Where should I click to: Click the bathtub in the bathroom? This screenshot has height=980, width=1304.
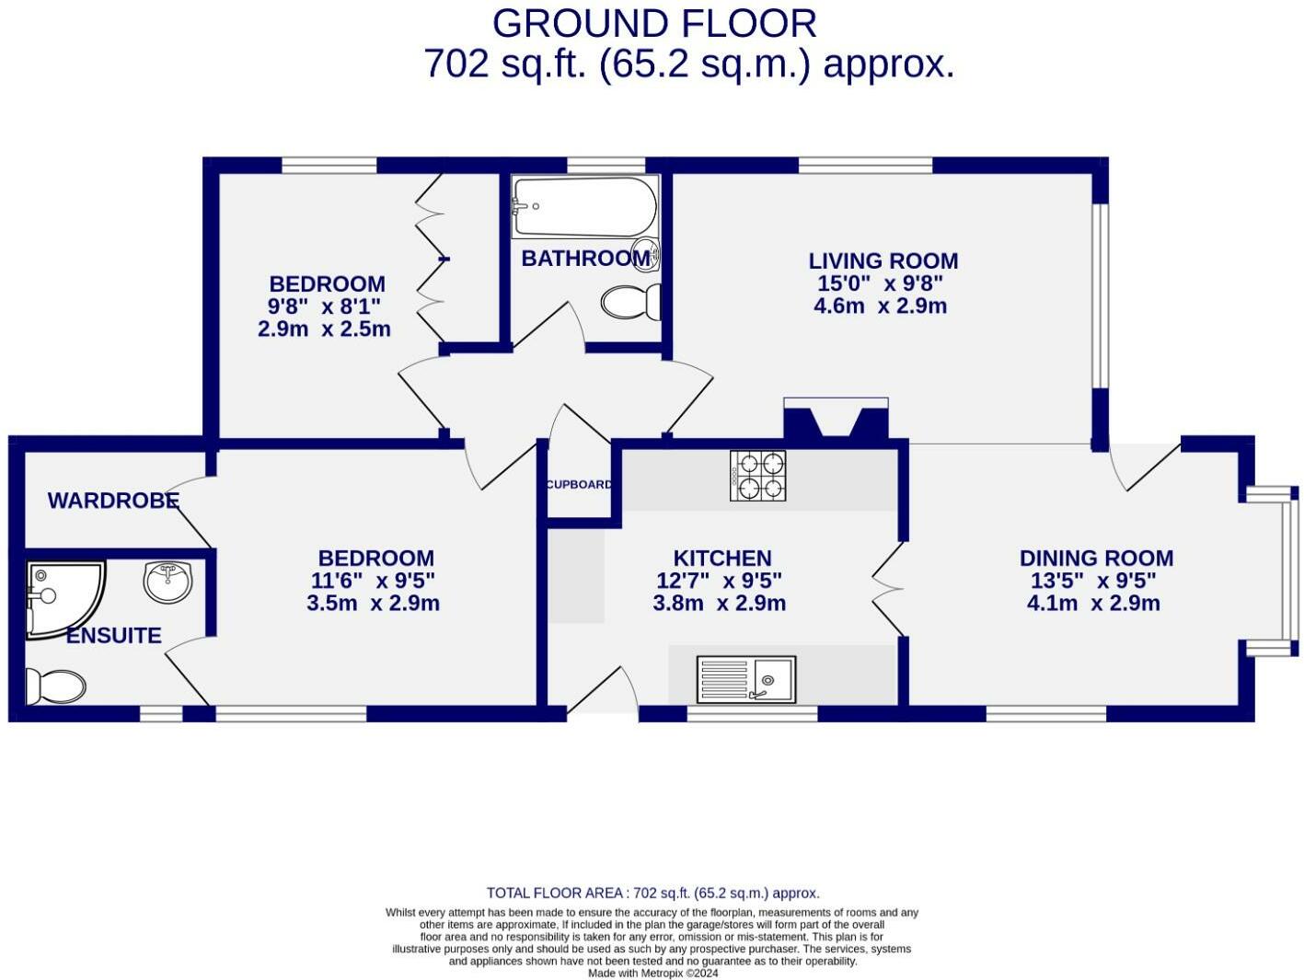(x=585, y=206)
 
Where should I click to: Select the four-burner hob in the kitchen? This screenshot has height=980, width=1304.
(x=757, y=476)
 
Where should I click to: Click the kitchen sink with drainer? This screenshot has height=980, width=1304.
(x=746, y=679)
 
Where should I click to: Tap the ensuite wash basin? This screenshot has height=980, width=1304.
(x=168, y=582)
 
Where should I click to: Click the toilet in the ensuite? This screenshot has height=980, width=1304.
(x=53, y=686)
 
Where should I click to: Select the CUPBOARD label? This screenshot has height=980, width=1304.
(x=579, y=485)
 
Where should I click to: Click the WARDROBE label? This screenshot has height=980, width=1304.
(x=113, y=501)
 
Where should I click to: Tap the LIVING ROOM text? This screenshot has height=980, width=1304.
(x=883, y=261)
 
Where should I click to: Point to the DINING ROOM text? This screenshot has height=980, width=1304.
(x=1096, y=559)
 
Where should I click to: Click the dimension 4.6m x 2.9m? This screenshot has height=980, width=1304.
(x=880, y=306)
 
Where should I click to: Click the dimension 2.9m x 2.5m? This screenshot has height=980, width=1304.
(x=324, y=329)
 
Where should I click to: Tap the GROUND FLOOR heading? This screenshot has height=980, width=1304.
(x=653, y=24)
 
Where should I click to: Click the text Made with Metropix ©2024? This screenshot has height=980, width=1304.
(x=652, y=973)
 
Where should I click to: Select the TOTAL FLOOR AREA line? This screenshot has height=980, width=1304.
(x=652, y=893)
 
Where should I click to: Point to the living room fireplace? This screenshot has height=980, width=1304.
(x=836, y=421)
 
